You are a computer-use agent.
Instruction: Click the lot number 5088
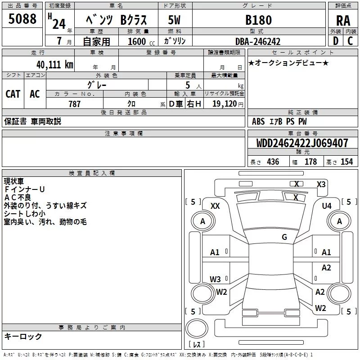click(22, 18)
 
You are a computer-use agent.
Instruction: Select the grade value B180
click(258, 20)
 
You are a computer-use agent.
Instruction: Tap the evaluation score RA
click(343, 21)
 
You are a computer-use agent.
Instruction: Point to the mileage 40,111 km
click(54, 65)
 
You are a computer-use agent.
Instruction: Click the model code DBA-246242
click(258, 41)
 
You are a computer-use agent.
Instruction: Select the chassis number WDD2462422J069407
click(302, 143)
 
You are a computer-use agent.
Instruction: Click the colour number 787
click(74, 104)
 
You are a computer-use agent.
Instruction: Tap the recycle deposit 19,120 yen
click(228, 104)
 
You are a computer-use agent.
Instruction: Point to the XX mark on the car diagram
click(215, 206)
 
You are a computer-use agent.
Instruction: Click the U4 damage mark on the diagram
click(327, 206)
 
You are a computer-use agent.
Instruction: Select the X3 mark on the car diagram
click(321, 184)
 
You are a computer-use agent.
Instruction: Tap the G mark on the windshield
click(284, 237)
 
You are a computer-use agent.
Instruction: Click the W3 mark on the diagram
click(215, 279)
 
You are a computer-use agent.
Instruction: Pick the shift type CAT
click(13, 94)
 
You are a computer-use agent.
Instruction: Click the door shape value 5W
click(174, 20)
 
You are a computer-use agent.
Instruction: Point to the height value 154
click(346, 162)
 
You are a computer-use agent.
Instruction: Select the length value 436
click(273, 162)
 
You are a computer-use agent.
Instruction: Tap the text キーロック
click(23, 336)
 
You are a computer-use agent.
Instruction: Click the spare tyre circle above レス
click(197, 328)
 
